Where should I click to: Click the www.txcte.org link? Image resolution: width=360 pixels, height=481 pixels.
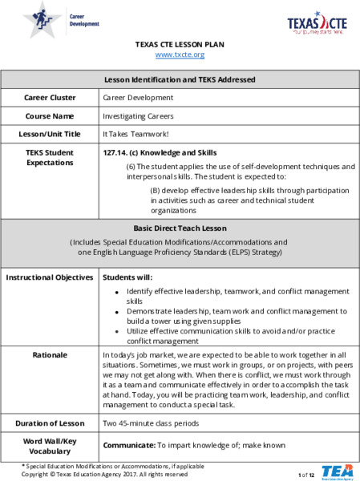(x=180, y=55)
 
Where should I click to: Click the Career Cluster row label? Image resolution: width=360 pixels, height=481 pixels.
(x=50, y=98)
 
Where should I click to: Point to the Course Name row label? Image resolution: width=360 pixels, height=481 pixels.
(x=50, y=115)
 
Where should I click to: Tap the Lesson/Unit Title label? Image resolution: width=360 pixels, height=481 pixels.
(x=50, y=134)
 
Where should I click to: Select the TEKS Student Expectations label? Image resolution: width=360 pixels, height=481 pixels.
(x=50, y=157)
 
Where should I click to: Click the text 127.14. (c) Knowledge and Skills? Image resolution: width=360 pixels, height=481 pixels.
(x=160, y=152)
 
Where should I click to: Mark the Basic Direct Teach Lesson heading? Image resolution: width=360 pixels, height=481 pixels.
(x=180, y=227)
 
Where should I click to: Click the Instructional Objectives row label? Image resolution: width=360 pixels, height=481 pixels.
(x=50, y=277)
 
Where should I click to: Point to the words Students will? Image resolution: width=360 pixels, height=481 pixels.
(x=127, y=277)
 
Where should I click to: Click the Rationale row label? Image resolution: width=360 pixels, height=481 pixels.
(x=50, y=354)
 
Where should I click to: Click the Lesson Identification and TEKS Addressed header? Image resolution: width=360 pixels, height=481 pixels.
(x=180, y=80)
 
